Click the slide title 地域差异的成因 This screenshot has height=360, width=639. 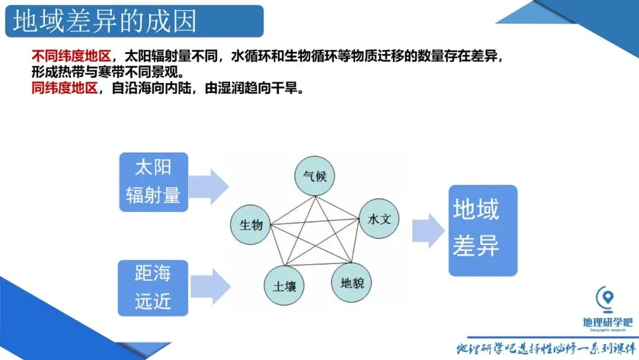click(x=105, y=22)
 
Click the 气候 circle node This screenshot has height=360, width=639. click(x=315, y=176)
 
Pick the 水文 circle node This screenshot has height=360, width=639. click(x=379, y=219)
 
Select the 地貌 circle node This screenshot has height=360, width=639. click(x=352, y=282)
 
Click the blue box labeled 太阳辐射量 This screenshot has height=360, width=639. click(x=153, y=182)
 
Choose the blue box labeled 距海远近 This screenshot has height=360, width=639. click(x=153, y=288)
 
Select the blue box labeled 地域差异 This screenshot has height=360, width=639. click(x=482, y=230)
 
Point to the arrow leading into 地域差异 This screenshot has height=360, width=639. click(x=428, y=230)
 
